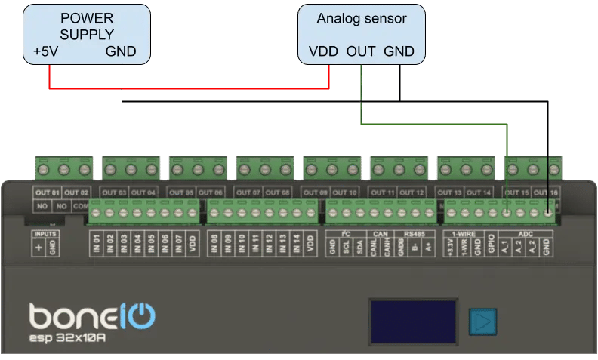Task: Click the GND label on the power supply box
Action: tap(121, 52)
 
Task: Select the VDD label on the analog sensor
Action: tap(324, 52)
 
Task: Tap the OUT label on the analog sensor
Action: tap(361, 52)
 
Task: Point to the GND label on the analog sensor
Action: tap(399, 52)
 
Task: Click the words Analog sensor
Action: tap(361, 17)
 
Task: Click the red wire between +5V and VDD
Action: tap(189, 88)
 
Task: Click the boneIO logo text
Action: tap(92, 315)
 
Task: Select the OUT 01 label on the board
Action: tap(45, 192)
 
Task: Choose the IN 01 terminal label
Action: tap(97, 244)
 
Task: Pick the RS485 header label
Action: tap(415, 233)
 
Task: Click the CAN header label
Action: tap(380, 233)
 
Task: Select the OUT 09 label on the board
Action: tap(317, 192)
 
